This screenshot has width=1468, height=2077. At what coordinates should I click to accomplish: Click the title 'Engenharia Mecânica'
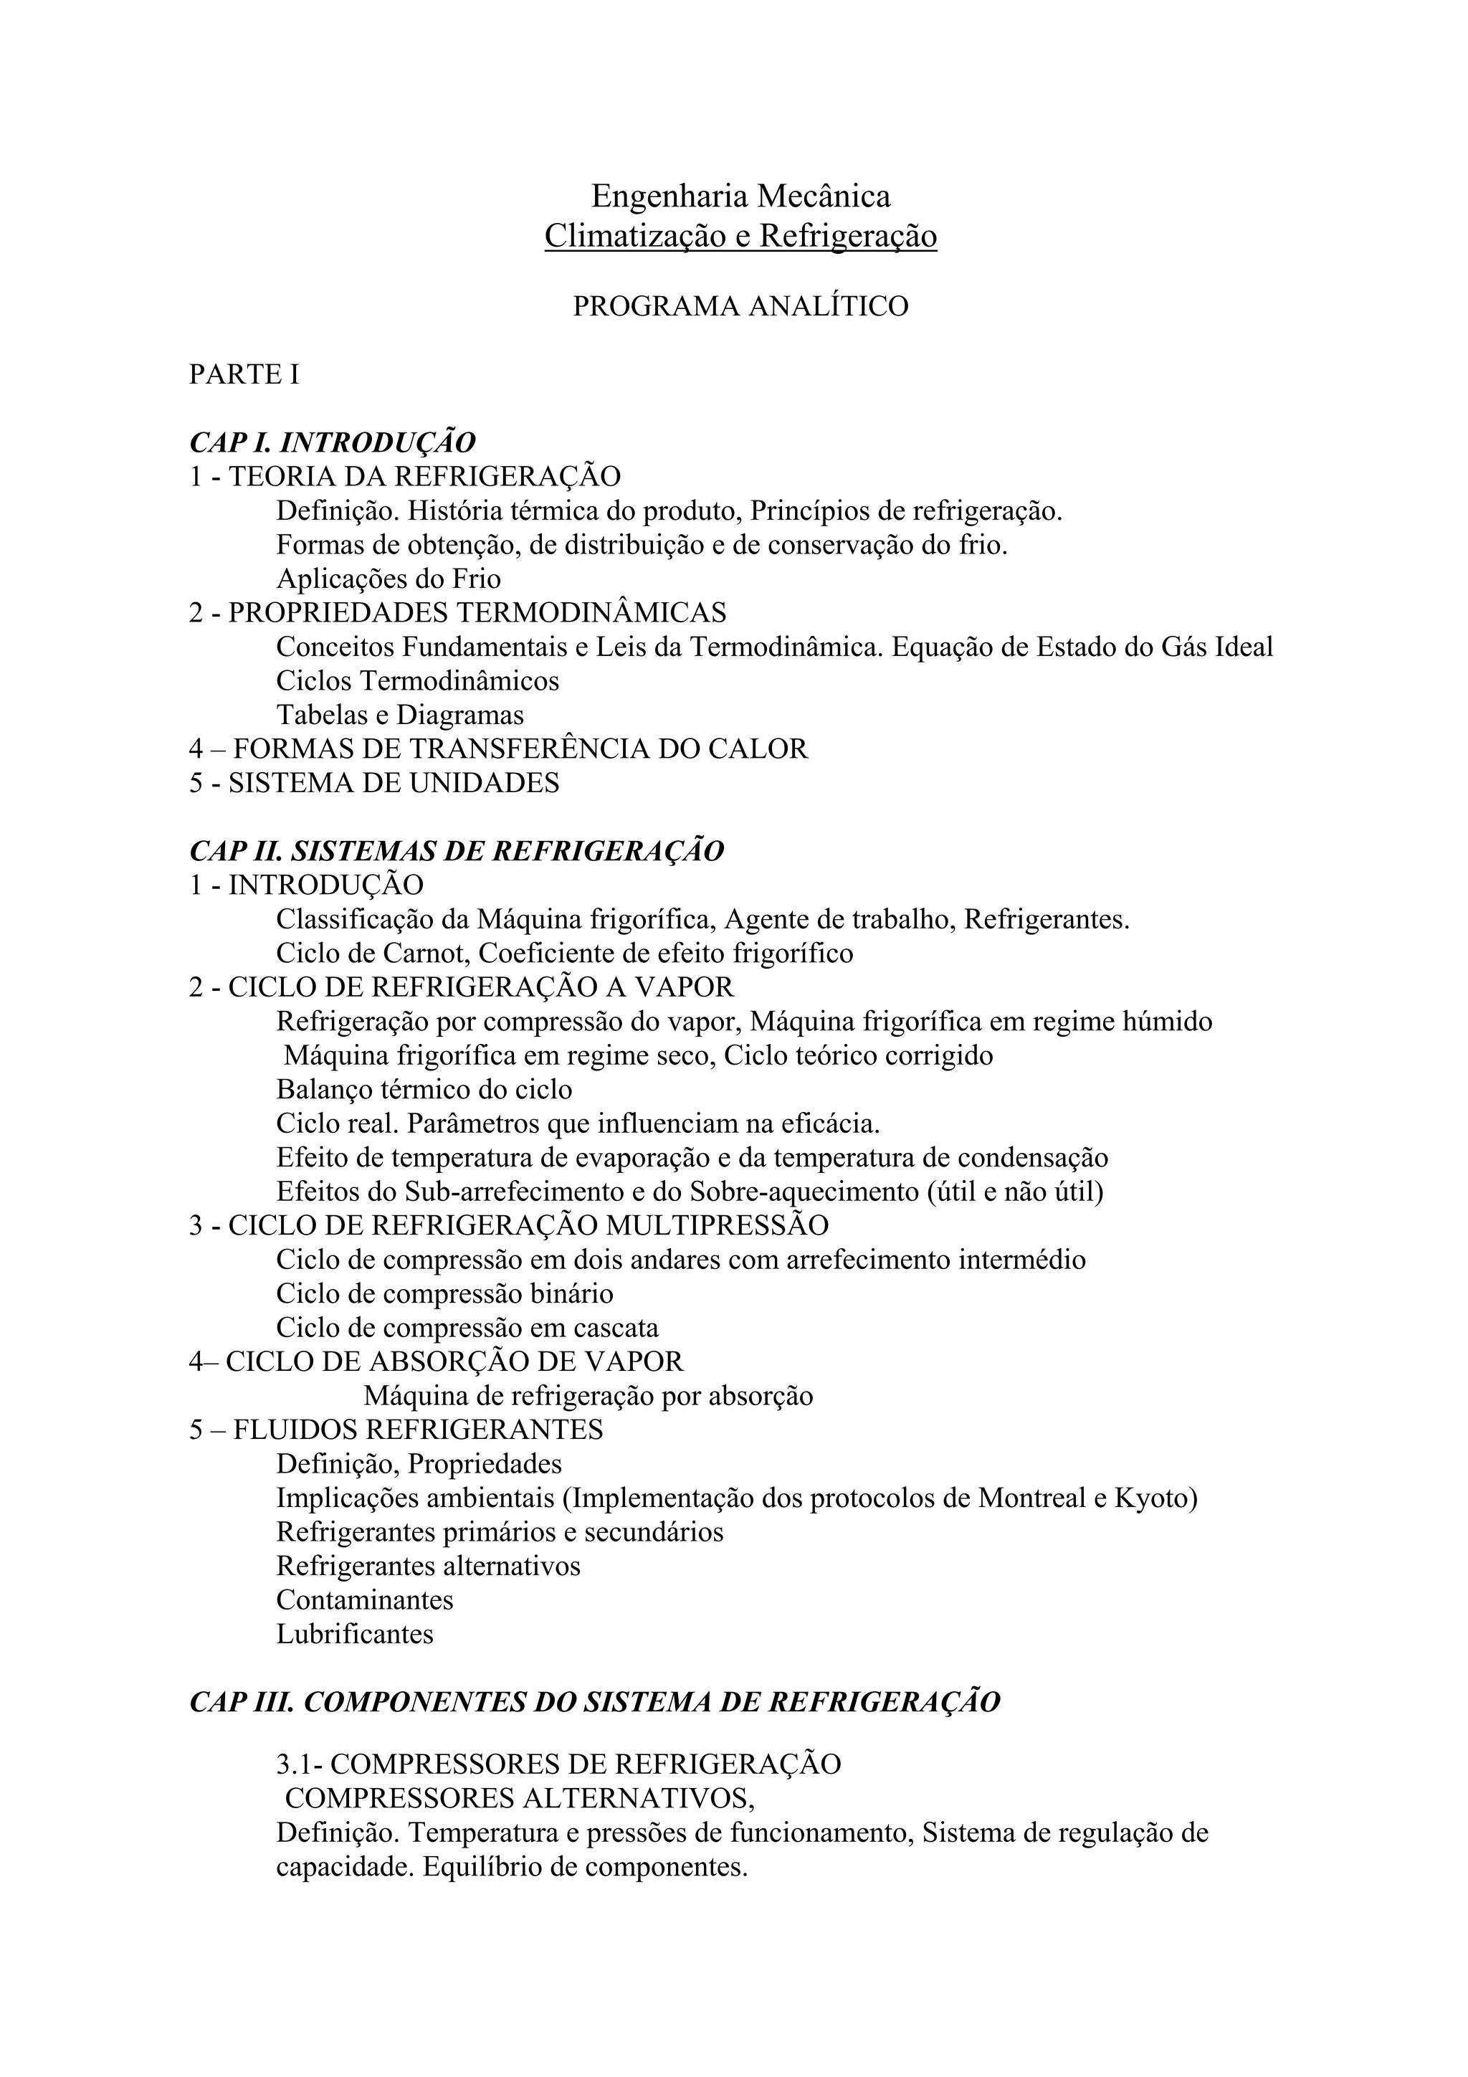pyautogui.click(x=740, y=196)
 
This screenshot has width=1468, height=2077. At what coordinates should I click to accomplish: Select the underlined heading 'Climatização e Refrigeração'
pyautogui.click(x=740, y=236)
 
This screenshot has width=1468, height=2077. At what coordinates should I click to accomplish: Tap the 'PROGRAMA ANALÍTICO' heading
pyautogui.click(x=740, y=307)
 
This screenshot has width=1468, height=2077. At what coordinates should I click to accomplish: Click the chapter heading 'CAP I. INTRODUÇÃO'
pyautogui.click(x=332, y=442)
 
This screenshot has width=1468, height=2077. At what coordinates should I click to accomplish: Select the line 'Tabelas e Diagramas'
pyautogui.click(x=400, y=715)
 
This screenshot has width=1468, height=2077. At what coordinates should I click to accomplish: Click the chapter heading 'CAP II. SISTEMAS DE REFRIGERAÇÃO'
pyautogui.click(x=457, y=851)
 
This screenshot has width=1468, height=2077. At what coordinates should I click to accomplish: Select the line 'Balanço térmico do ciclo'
pyautogui.click(x=424, y=1089)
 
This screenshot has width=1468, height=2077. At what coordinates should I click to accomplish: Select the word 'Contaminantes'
pyautogui.click(x=365, y=1600)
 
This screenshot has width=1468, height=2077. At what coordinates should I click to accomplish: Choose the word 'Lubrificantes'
pyautogui.click(x=355, y=1634)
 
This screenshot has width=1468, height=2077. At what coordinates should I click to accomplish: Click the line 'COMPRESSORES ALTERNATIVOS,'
pyautogui.click(x=519, y=1797)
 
